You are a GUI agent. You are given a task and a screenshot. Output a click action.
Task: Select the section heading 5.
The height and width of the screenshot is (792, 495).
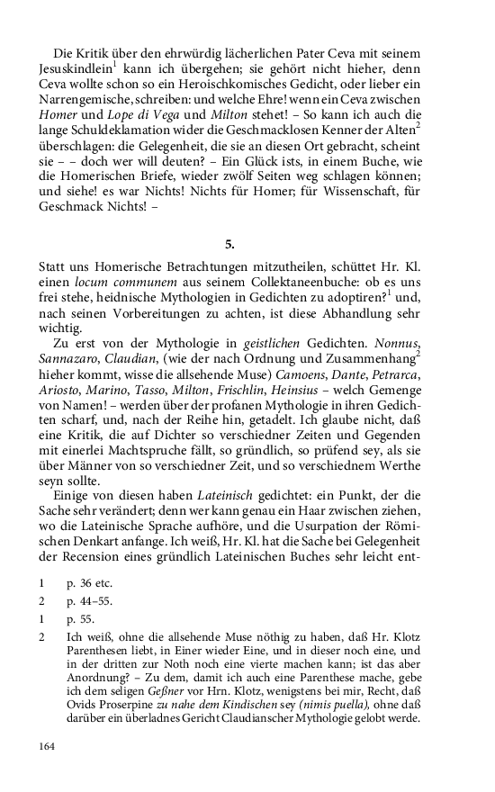pos(229,243)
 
